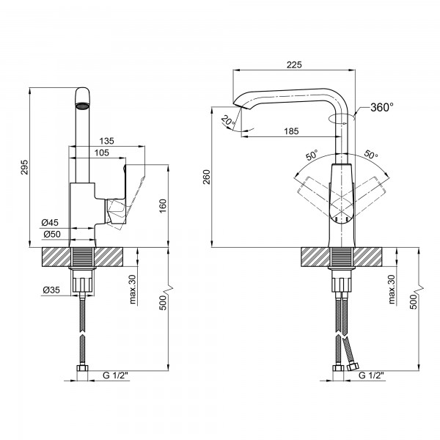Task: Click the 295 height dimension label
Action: pyautogui.click(x=25, y=167)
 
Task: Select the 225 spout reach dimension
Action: pyautogui.click(x=294, y=65)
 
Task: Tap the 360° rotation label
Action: pyautogui.click(x=381, y=107)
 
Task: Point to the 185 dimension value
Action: pyautogui.click(x=291, y=131)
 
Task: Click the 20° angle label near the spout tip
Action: pyautogui.click(x=228, y=121)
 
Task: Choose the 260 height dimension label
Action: pyautogui.click(x=207, y=177)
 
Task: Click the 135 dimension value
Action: pyautogui.click(x=106, y=141)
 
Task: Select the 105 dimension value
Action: pyautogui.click(x=102, y=153)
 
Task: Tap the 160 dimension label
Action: pyautogui.click(x=162, y=206)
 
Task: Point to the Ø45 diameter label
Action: pyautogui.click(x=50, y=222)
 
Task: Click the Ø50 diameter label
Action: pyautogui.click(x=52, y=234)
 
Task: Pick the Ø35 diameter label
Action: pyautogui.click(x=51, y=290)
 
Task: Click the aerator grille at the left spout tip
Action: pyautogui.click(x=82, y=106)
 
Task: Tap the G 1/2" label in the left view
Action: pyautogui.click(x=115, y=375)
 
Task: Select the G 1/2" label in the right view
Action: pyautogui.click(x=371, y=375)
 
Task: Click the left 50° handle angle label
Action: pyautogui.click(x=312, y=155)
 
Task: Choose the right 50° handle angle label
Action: pyautogui.click(x=371, y=154)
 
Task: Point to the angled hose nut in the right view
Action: pyautogui.click(x=353, y=366)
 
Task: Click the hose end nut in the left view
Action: pyautogui.click(x=82, y=368)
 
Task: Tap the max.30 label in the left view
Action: pyautogui.click(x=133, y=290)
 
